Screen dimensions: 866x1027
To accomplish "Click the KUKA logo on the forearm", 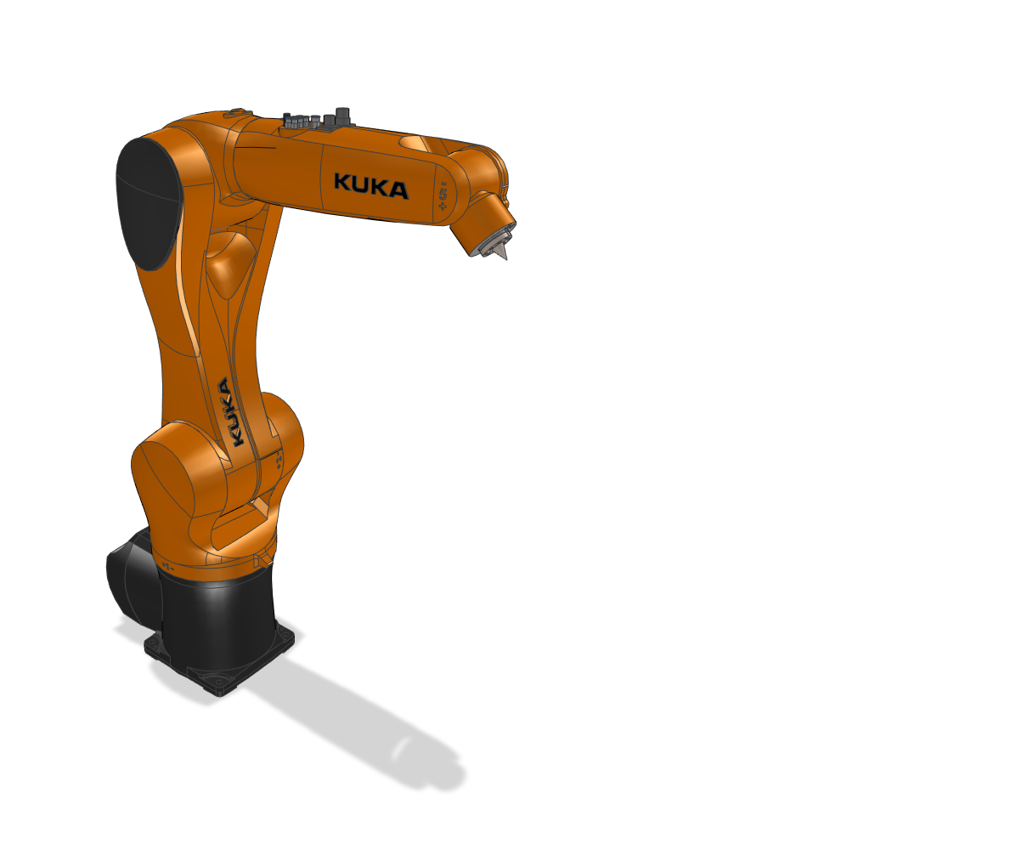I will click(370, 185).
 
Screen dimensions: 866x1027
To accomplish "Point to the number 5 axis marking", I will click(443, 195).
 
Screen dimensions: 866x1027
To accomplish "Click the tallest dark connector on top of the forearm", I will click(344, 116).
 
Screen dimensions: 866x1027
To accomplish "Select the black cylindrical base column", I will click(217, 616).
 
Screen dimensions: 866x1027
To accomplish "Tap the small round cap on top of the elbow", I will click(237, 111).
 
